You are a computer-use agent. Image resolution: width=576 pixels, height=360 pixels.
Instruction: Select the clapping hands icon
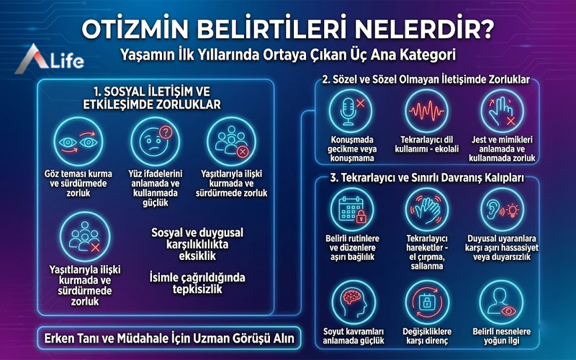(425, 209)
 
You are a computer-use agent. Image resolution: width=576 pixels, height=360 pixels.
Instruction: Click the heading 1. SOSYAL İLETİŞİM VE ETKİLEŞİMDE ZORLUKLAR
(156, 97)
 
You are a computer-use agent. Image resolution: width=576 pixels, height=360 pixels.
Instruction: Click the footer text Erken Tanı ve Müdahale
(166, 337)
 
